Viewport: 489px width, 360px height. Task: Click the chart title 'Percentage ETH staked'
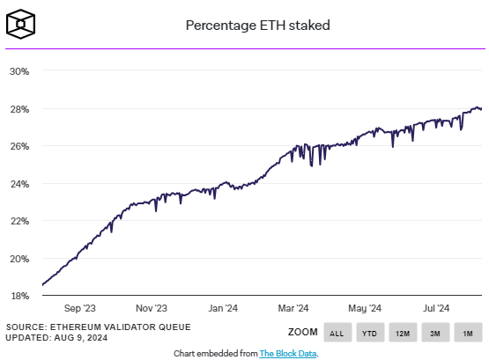(x=257, y=26)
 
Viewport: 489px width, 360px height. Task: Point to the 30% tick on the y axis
(x=19, y=70)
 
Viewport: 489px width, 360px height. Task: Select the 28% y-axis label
(x=19, y=108)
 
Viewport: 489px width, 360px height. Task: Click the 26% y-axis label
(x=19, y=146)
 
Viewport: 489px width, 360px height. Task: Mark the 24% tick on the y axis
(x=19, y=183)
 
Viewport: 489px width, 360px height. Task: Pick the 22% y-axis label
(x=19, y=221)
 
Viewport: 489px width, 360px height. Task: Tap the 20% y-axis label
(x=19, y=259)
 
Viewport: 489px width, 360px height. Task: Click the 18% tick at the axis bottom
(x=19, y=296)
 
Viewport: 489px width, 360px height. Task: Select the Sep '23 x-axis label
(x=79, y=308)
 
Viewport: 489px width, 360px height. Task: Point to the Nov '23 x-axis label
(x=151, y=308)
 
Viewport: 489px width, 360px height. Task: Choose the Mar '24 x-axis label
(x=293, y=308)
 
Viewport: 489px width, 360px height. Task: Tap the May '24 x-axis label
(x=364, y=308)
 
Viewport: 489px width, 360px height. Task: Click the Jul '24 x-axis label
(x=434, y=308)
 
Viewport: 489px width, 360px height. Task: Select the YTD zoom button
(x=369, y=333)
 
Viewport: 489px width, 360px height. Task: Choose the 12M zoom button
(x=403, y=333)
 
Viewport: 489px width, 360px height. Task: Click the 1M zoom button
(x=468, y=333)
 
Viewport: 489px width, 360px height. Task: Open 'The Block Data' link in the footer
(x=287, y=352)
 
